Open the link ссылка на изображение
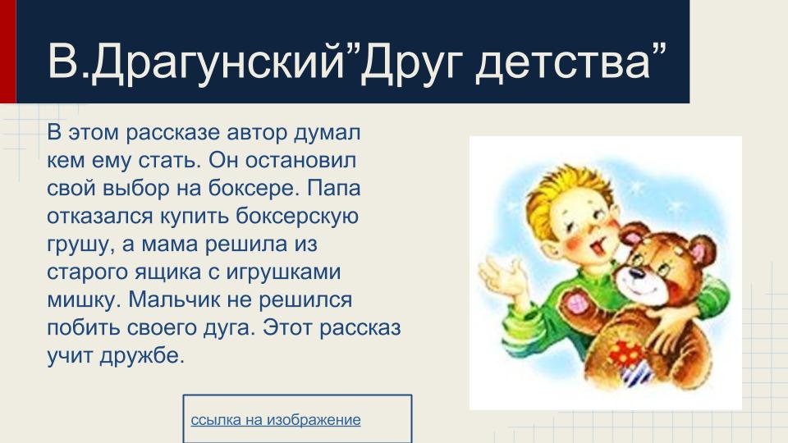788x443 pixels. [x=276, y=420]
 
